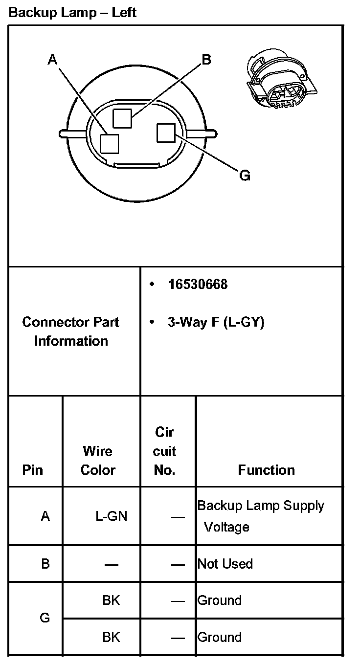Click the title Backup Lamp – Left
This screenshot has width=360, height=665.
72,12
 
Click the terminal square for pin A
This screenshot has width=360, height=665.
109,144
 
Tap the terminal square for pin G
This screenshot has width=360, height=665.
166,133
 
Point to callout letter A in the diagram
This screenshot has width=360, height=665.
53,60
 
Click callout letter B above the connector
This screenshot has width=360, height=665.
206,59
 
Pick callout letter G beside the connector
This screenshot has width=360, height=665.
245,175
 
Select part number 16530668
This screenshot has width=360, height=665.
198,284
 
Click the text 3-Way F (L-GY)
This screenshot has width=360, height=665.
216,323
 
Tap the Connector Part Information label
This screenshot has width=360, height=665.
71,331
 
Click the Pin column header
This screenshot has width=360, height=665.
33,470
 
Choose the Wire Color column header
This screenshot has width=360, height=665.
98,460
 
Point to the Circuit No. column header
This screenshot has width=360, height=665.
165,451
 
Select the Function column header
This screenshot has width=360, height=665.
266,470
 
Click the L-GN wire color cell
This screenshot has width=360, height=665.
111,516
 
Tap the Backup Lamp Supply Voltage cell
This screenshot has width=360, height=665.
260,516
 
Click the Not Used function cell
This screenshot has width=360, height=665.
225,564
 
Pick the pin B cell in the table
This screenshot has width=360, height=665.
45,564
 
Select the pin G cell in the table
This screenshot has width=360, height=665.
45,618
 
